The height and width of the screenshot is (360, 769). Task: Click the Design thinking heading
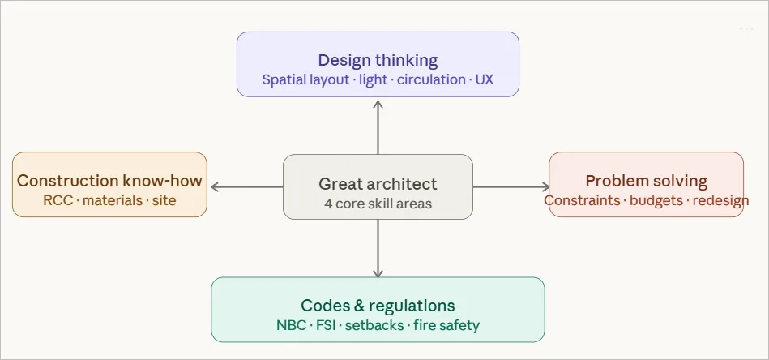378,60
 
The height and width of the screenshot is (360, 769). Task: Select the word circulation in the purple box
431,80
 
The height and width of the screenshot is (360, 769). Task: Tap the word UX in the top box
484,80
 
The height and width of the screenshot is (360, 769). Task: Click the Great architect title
378,184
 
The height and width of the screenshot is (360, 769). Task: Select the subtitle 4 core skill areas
378,204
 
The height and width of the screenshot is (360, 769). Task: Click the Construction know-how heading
109,181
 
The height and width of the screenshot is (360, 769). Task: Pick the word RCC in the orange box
58,200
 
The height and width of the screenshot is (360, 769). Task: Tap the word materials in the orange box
111,200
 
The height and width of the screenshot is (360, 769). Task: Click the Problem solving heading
646,181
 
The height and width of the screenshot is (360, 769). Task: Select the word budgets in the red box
656,200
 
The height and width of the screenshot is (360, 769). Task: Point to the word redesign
721,200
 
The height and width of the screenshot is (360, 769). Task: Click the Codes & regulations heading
378,306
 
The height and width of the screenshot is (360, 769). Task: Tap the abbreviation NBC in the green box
290,325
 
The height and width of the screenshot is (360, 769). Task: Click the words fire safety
446,325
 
